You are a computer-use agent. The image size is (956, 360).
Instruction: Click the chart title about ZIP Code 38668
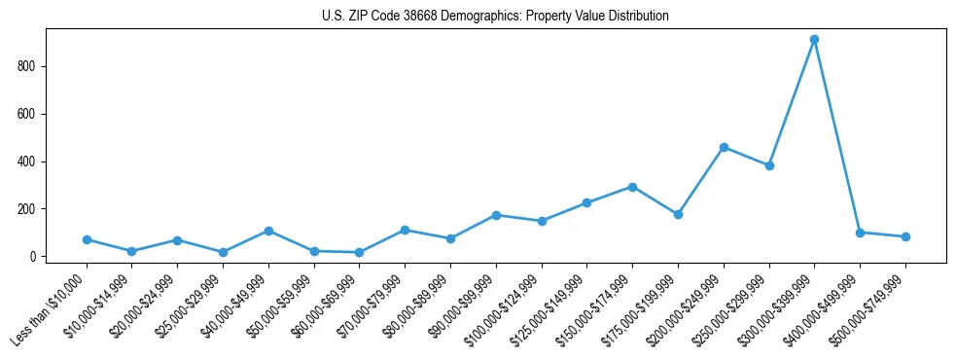495,17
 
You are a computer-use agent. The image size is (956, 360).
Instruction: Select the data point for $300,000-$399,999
814,40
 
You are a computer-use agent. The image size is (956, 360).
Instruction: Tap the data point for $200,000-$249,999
724,147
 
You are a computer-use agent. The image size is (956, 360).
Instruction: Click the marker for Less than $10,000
87,239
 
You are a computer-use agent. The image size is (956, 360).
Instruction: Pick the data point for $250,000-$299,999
769,165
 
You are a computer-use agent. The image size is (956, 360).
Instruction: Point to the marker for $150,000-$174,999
632,187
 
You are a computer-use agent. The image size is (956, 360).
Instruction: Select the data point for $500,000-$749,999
905,236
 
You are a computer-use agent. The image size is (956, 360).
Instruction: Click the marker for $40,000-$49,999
268,231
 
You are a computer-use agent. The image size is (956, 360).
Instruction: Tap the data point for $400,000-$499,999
860,233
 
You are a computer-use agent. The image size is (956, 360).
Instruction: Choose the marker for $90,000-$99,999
496,215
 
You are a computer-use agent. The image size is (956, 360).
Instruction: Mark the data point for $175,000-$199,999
678,214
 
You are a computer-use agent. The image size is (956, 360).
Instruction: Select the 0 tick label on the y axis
34,257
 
